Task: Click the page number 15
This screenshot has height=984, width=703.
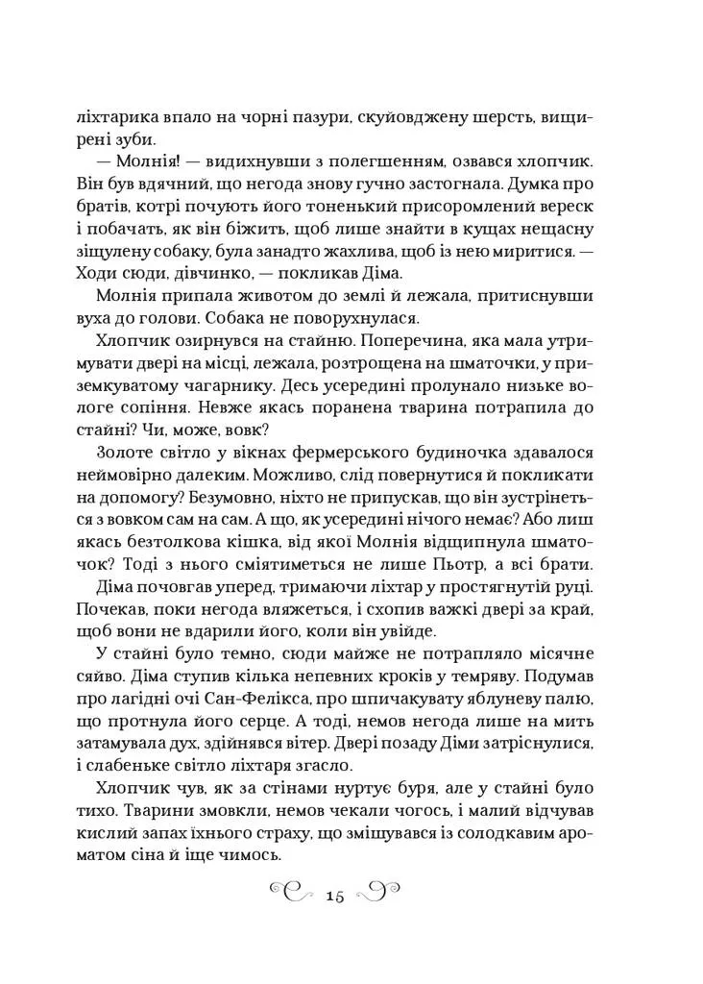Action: point(335,896)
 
